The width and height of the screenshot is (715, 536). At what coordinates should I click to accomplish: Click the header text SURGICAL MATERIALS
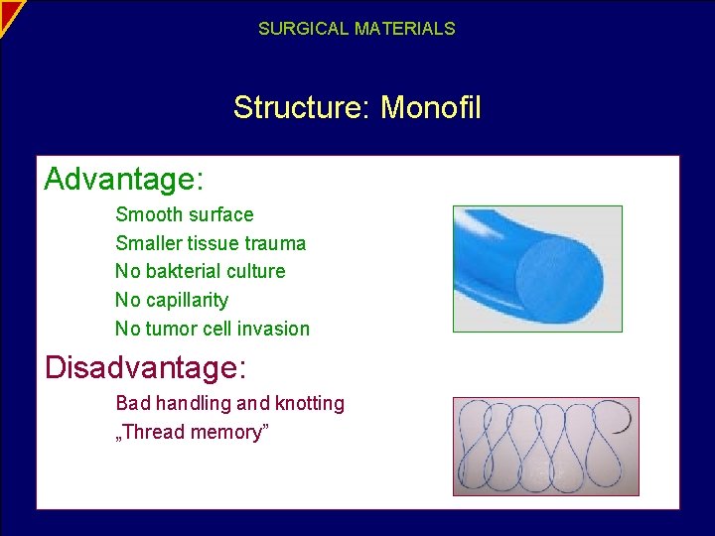pos(357,29)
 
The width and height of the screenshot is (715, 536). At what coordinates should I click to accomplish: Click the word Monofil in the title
pos(431,107)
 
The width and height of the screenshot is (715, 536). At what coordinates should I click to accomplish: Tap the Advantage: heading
pos(124,180)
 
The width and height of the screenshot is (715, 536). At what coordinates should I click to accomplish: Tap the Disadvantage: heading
pos(146,368)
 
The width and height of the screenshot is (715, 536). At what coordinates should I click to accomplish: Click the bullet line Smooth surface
pos(185,214)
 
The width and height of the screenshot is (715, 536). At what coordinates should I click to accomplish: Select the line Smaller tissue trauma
pos(211,243)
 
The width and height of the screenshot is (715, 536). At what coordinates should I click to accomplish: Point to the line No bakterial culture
pos(200,271)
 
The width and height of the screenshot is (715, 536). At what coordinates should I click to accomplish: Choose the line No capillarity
pos(172,300)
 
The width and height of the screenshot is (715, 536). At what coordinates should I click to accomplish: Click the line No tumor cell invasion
pos(213,329)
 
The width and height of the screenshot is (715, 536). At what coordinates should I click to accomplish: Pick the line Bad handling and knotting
pos(230,403)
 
